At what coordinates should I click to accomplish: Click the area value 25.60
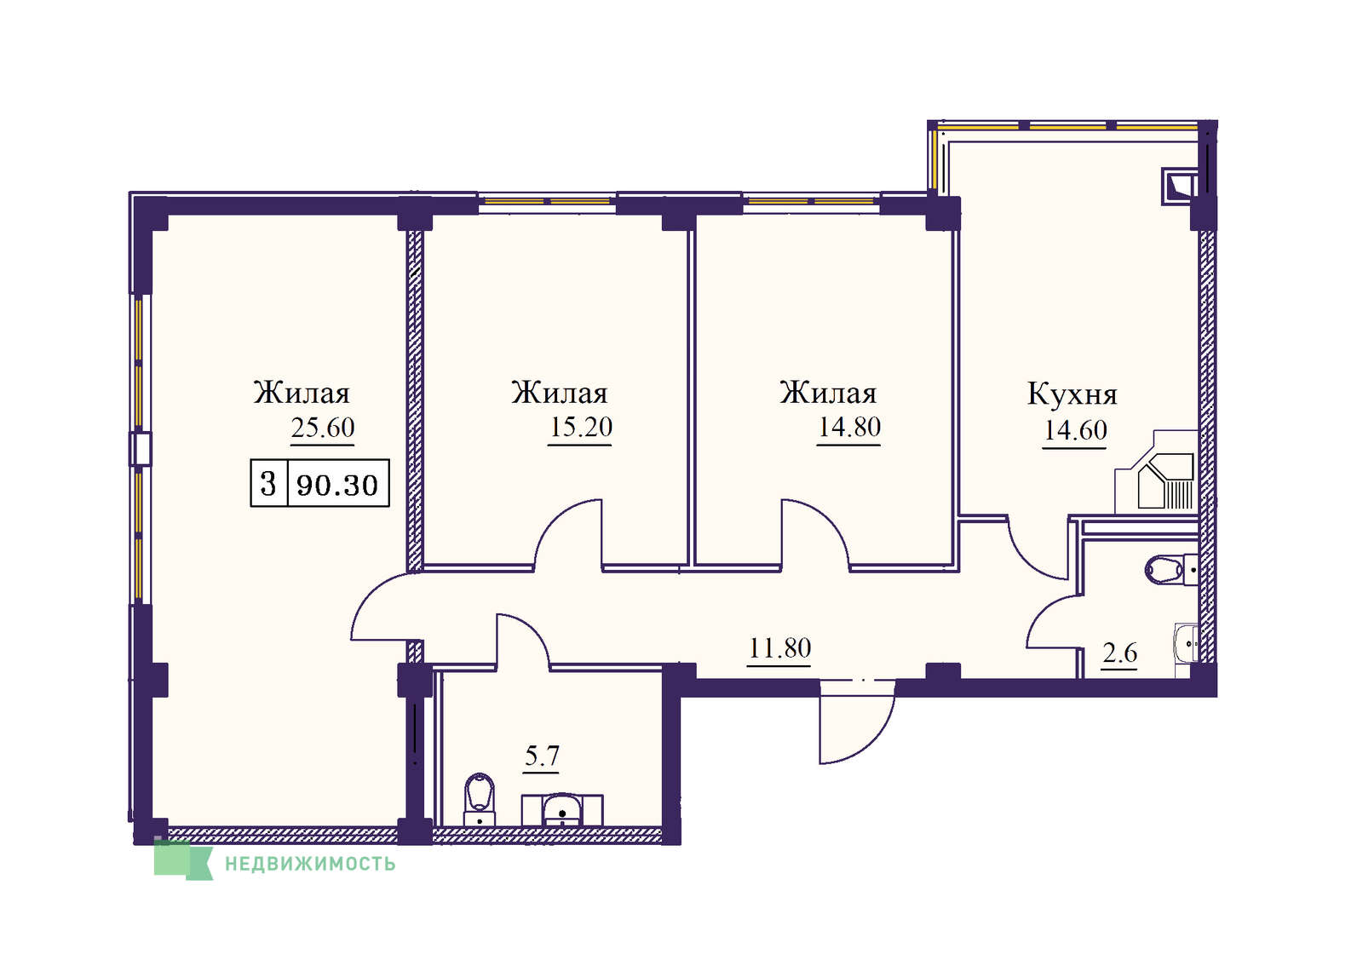tap(323, 428)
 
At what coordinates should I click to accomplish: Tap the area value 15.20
tap(580, 427)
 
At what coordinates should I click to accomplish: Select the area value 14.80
tap(848, 427)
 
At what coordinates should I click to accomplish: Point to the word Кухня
tap(1073, 394)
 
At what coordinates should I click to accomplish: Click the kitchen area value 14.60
tap(1075, 430)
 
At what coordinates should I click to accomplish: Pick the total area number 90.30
tap(337, 485)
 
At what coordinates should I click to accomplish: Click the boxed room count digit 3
tap(268, 484)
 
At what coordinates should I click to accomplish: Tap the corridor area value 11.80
tap(779, 648)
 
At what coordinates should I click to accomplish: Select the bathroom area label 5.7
tap(542, 756)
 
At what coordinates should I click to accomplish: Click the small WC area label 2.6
tap(1119, 653)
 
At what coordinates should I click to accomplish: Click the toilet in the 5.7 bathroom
tap(480, 799)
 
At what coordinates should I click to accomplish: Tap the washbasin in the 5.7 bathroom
tap(562, 809)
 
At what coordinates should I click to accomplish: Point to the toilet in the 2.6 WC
tap(1171, 570)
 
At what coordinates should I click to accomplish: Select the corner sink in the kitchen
tap(1166, 481)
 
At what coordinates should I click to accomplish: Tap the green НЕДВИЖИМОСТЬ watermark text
tap(310, 864)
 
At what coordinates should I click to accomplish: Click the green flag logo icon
tap(183, 860)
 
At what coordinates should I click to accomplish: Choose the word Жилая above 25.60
tap(302, 393)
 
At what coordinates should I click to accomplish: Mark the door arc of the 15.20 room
tap(567, 523)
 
